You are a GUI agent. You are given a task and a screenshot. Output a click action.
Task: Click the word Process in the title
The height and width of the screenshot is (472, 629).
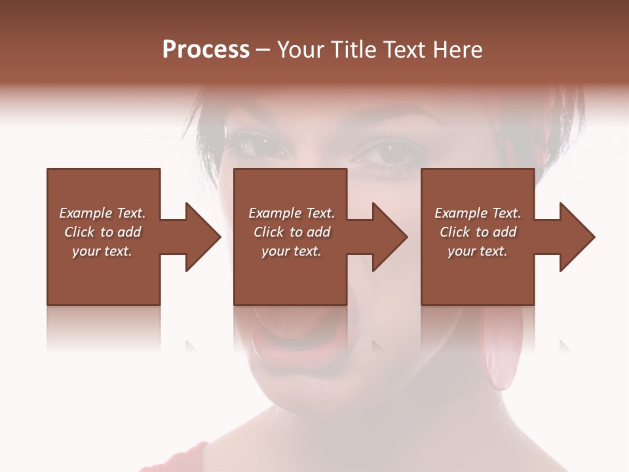point(206,50)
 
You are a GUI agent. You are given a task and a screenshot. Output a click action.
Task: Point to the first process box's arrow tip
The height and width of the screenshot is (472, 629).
point(220,237)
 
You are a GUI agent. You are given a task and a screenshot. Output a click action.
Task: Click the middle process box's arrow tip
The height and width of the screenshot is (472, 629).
point(407,237)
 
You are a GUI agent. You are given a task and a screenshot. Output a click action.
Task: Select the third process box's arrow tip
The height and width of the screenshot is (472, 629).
point(594,237)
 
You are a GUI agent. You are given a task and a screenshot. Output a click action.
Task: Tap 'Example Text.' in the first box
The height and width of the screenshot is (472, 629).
point(102,213)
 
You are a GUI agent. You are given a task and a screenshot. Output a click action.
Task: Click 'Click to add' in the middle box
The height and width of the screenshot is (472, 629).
point(292,232)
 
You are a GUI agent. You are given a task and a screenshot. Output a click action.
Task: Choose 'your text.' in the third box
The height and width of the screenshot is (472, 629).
point(478,251)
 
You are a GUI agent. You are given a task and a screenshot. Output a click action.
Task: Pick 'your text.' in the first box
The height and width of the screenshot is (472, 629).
point(102,251)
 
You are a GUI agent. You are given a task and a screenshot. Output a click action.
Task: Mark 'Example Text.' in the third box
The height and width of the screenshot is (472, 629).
point(478,213)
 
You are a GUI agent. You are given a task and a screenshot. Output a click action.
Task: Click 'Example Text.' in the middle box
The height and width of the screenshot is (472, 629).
point(292,213)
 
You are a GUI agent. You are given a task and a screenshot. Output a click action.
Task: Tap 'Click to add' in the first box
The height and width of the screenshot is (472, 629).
point(102,232)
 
